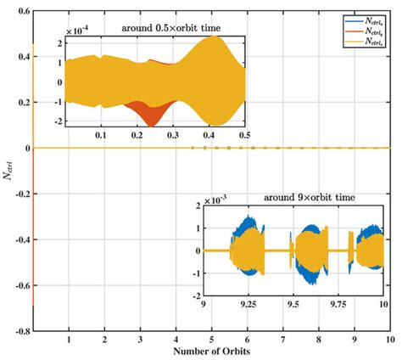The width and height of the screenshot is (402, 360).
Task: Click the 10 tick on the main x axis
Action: point(388,340)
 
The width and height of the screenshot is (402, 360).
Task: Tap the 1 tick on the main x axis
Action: point(69,340)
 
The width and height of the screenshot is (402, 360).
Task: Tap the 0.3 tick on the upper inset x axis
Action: point(173,135)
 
